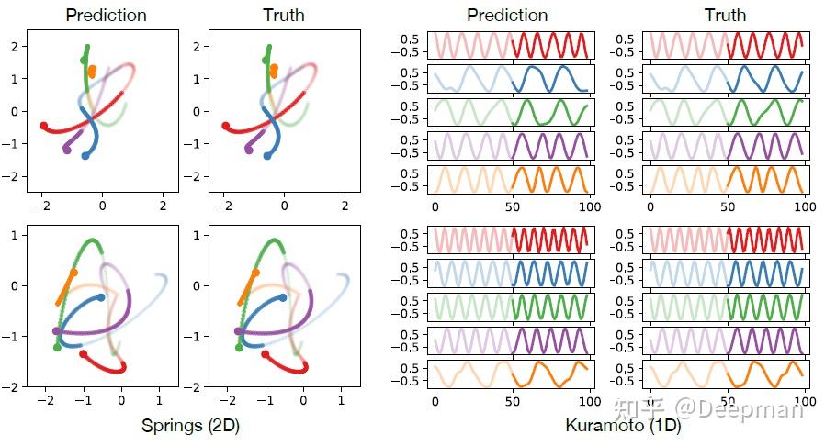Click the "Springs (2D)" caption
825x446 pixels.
point(190,426)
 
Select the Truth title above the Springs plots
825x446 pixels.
point(283,15)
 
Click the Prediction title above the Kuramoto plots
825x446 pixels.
point(507,15)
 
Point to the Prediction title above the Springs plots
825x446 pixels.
point(106,15)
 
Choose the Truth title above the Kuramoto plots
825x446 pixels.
point(725,15)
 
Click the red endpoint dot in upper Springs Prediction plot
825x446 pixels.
point(43,125)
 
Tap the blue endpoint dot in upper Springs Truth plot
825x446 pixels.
point(267,156)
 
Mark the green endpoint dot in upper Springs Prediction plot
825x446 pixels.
point(85,61)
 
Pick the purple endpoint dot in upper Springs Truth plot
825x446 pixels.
point(248,149)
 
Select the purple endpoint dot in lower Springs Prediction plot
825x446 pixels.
point(57,331)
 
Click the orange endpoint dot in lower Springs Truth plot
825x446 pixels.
point(254,273)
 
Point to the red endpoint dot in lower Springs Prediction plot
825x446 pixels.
point(84,353)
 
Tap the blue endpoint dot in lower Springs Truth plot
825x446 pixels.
point(282,297)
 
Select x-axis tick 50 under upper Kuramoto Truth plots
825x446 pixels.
point(727,207)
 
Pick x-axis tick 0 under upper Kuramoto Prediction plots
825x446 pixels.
point(435,207)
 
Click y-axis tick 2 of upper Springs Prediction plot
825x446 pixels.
point(14,46)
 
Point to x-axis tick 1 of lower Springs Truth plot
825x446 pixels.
point(341,400)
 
